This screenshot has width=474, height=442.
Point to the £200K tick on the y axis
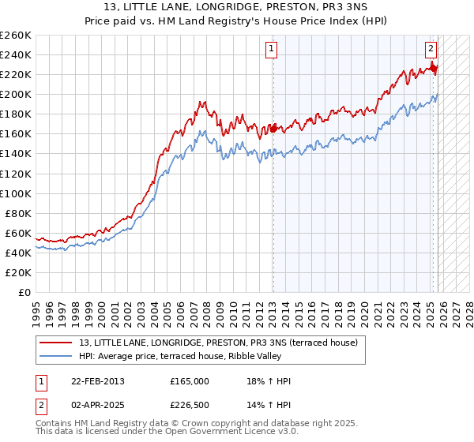click(15, 94)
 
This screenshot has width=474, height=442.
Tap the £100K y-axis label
click(15, 193)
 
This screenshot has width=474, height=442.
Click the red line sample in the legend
click(55, 343)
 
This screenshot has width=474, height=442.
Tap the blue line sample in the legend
click(55, 356)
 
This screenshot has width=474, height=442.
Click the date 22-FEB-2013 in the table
click(92, 381)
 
